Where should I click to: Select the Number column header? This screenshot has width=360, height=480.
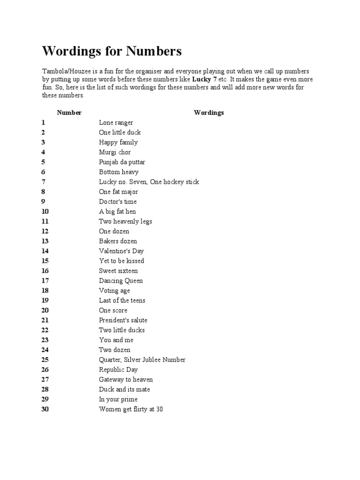pos(69,112)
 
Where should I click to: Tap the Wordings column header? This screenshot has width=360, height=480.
pos(209,112)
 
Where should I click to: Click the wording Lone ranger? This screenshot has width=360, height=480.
pos(116,122)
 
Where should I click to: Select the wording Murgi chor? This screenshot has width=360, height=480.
pos(115,152)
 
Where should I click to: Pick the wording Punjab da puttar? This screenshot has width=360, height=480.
pos(122,162)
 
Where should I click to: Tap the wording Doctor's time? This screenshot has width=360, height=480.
pos(118,202)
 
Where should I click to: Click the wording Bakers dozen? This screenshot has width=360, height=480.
pos(118,241)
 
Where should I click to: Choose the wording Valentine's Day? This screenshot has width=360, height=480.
pos(121,251)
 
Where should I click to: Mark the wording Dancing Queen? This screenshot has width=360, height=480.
pos(120,280)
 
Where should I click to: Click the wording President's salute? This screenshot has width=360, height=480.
pos(123,320)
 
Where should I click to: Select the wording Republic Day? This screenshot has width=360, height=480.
pos(118,369)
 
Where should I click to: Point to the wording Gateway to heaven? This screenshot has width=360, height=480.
pos(126,379)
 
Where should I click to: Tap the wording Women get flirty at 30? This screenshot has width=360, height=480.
pos(131,409)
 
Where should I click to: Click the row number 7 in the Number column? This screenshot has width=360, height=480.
pos(43,182)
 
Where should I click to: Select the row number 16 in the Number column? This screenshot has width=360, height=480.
pos(45,270)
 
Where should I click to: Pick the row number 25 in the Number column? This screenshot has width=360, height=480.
pos(45,360)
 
